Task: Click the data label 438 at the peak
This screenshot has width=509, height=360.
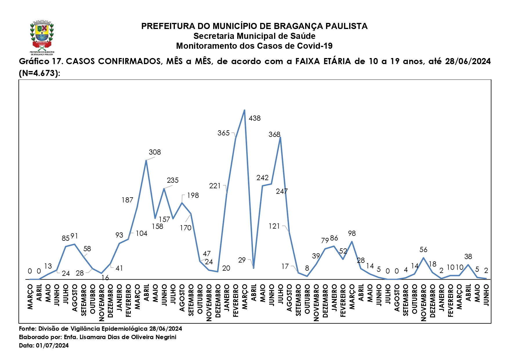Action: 254,118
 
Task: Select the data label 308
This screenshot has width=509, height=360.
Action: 155,152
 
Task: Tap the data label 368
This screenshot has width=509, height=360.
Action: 274,135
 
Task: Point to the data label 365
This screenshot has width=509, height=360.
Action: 224,133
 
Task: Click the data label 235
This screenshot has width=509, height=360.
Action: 173,180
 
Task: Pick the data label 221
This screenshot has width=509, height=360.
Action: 215,186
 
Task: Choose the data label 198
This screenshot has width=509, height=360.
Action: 193,196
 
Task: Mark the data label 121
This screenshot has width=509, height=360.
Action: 274,226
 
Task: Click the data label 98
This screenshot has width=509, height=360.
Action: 352,234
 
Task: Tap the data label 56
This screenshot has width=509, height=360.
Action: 423,250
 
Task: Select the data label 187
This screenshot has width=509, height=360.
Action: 127,200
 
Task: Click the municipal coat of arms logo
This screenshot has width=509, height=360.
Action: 42,37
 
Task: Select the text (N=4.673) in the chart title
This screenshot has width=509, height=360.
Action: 39,73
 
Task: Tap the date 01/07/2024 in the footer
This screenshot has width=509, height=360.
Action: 52,345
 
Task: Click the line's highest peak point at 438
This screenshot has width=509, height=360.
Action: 244,110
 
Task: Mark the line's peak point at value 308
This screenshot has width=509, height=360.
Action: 146,160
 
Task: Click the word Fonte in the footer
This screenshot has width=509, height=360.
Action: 27,329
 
